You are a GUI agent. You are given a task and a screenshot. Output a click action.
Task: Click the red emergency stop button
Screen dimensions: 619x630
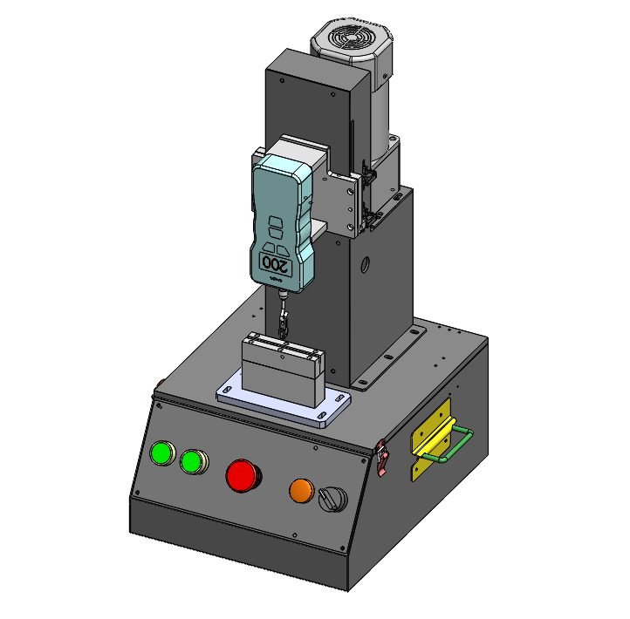243,475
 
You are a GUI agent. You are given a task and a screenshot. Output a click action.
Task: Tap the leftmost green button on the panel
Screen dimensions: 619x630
162,453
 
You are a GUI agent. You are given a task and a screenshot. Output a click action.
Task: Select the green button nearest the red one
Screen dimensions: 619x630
192,461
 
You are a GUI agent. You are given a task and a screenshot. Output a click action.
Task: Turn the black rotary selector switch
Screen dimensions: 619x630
332,500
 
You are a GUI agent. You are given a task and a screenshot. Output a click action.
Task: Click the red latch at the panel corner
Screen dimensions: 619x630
382,459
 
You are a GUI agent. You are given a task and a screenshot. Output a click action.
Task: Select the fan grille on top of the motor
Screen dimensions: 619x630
344,38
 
